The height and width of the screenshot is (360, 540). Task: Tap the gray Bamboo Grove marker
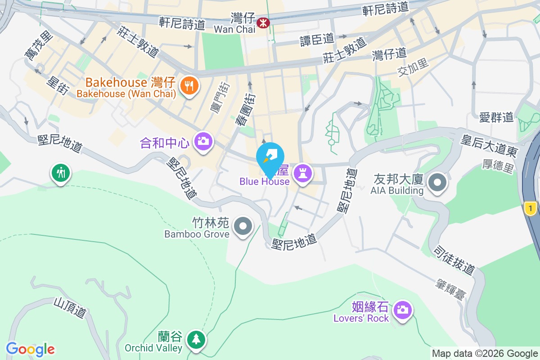[243, 225]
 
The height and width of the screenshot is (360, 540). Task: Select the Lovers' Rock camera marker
[402, 310]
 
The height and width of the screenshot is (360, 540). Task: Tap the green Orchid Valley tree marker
[196, 339]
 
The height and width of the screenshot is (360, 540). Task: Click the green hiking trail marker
[61, 172]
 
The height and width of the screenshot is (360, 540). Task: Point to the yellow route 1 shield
[531, 208]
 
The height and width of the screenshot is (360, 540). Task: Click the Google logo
[30, 349]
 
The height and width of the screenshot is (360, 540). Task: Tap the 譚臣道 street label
[317, 40]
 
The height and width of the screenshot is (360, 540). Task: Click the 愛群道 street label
[496, 118]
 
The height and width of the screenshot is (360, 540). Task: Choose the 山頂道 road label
[70, 307]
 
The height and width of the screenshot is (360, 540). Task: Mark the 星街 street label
[58, 85]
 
